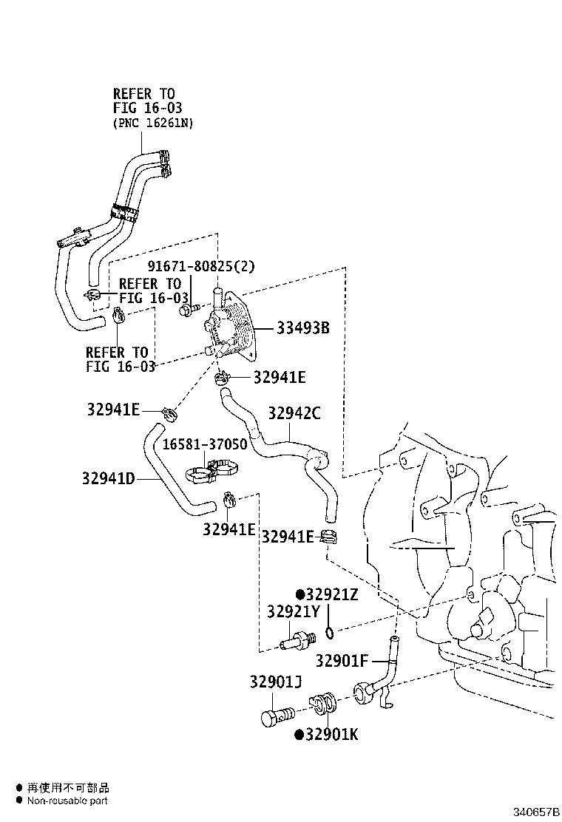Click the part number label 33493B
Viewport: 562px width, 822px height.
click(x=302, y=328)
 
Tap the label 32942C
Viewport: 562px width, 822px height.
click(x=294, y=413)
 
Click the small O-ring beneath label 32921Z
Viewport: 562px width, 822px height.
click(x=330, y=632)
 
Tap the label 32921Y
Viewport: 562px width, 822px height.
click(x=293, y=612)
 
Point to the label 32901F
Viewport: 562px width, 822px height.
click(x=341, y=660)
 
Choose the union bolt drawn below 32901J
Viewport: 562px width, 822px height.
click(x=277, y=715)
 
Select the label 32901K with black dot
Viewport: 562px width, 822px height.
click(x=331, y=734)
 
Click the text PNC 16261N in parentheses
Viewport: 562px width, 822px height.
click(x=153, y=123)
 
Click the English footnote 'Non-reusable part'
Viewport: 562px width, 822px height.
click(x=68, y=801)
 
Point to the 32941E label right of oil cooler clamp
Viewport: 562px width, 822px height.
click(x=279, y=378)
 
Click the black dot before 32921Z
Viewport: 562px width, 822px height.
click(x=300, y=594)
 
